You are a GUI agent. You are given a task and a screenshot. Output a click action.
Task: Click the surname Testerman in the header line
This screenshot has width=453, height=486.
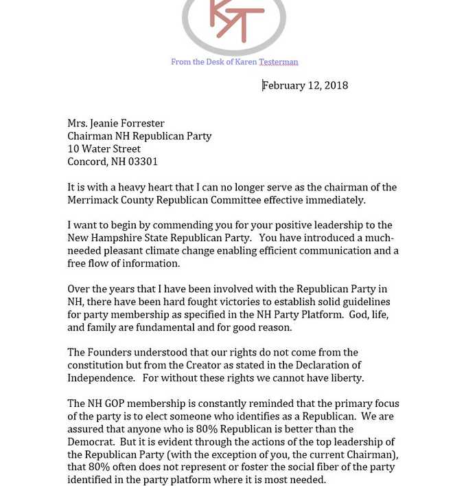[278, 62]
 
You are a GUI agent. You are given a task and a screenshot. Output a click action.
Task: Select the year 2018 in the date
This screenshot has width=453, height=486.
[336, 85]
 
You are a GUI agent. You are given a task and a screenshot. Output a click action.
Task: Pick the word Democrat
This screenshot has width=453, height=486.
[91, 442]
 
